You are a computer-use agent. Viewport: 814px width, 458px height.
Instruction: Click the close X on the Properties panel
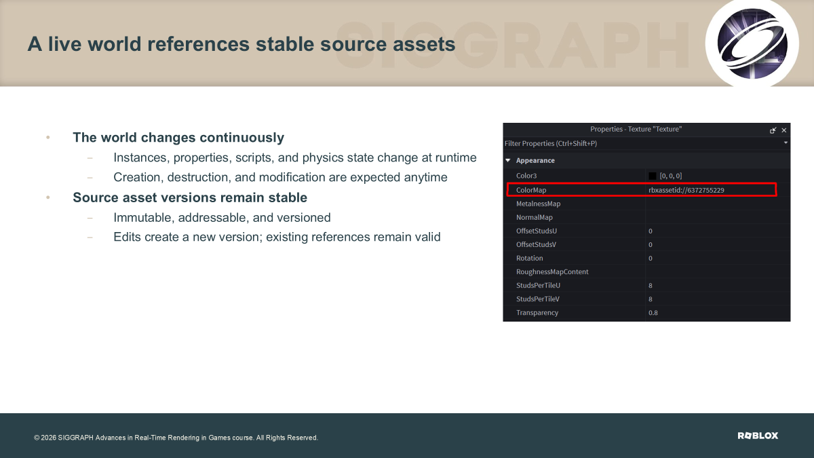[x=784, y=130]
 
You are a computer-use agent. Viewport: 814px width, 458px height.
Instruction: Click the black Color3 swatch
[x=653, y=176]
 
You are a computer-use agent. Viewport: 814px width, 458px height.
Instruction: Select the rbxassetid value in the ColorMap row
[x=686, y=190]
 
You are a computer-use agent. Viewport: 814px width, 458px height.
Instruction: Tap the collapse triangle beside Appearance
[x=508, y=160]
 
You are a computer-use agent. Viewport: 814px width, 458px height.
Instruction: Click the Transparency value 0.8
[x=653, y=313]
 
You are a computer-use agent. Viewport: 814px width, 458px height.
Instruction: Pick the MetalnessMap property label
[x=538, y=204]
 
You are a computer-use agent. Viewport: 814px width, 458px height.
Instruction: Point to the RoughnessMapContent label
[x=552, y=272]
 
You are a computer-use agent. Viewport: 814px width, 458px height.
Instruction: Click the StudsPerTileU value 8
[x=651, y=286]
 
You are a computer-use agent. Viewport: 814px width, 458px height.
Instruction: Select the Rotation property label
[x=530, y=258]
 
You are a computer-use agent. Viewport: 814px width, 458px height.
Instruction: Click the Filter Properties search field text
[x=551, y=144]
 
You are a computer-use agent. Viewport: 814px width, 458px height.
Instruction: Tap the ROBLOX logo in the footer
[x=758, y=436]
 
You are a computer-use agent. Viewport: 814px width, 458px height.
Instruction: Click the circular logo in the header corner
[x=752, y=43]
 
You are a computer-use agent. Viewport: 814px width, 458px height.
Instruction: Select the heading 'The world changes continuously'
[x=178, y=137]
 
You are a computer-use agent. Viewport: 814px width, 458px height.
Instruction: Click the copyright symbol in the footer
[x=37, y=438]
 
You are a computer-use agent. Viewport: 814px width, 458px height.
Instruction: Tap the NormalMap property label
[x=535, y=217]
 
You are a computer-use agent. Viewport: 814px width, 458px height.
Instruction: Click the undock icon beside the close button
[x=773, y=130]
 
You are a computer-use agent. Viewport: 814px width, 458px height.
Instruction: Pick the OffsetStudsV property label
[x=536, y=245]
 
